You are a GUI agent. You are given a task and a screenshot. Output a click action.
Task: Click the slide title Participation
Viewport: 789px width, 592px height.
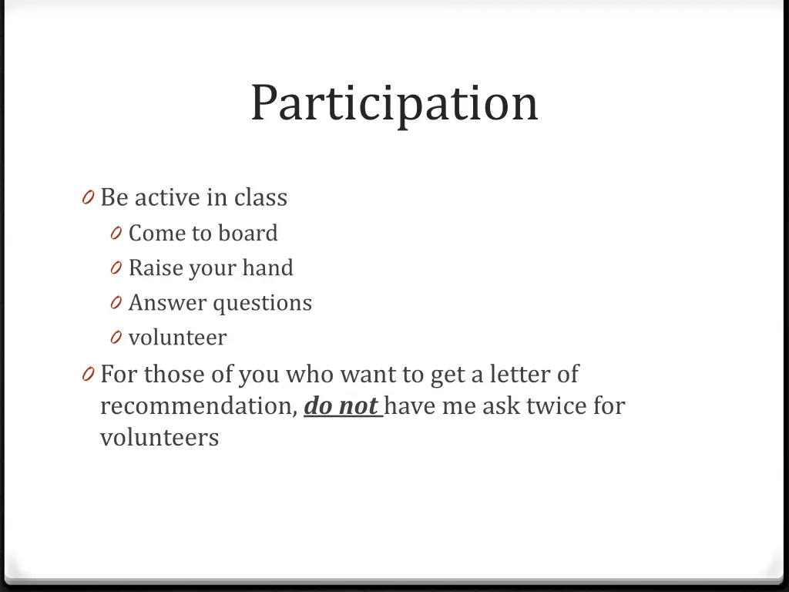(394, 103)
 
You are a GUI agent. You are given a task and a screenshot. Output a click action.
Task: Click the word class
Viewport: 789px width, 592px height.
(260, 197)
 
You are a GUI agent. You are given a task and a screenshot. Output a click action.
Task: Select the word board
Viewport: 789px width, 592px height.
(248, 233)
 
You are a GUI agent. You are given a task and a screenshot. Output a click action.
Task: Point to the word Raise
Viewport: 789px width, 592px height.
(150, 267)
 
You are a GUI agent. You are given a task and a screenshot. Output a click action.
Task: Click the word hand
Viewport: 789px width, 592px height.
(267, 267)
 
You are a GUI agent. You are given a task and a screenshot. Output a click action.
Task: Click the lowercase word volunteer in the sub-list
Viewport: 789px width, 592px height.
(177, 338)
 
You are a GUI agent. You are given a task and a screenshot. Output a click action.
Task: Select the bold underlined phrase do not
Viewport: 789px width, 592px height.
(341, 405)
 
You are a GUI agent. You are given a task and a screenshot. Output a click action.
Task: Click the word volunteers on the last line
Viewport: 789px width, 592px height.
(159, 437)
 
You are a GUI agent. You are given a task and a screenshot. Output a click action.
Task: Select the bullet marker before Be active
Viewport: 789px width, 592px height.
(88, 198)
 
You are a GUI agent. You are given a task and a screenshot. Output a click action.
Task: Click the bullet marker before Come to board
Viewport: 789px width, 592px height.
(116, 234)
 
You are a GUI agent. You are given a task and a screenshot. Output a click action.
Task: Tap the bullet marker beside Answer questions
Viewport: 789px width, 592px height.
(116, 304)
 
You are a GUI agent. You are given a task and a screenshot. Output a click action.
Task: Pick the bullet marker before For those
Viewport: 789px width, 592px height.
(88, 375)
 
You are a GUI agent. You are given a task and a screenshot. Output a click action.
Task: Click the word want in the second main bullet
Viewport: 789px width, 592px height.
(367, 375)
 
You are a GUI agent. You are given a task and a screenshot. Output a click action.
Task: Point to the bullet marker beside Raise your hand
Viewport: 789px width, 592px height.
(116, 268)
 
